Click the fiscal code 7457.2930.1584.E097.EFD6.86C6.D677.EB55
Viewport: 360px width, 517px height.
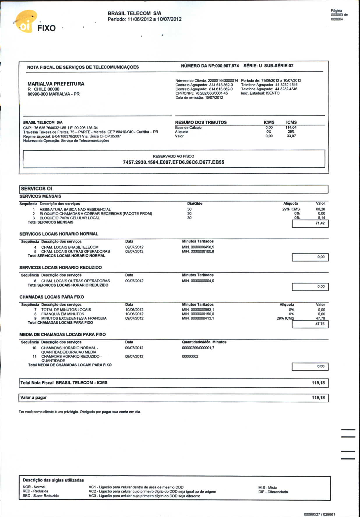173,162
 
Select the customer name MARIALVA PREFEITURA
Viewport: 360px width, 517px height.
56,84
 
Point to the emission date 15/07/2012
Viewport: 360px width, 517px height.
214,98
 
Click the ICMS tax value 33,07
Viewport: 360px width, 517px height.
291,136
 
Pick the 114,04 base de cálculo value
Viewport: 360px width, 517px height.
291,127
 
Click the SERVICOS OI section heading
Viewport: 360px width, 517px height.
36,189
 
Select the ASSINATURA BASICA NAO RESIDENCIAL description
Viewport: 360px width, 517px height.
75,209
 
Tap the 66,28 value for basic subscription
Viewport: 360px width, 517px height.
320,209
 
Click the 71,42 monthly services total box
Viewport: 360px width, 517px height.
310,223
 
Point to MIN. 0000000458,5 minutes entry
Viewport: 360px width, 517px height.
198,247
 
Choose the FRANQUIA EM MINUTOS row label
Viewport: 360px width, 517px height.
63,314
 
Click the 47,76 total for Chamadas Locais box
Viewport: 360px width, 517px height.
310,324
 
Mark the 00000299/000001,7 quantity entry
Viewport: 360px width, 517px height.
198,348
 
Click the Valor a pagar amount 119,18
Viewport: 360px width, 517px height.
318,398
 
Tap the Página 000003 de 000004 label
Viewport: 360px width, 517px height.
339,15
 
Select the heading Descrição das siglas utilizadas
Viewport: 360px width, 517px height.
53,480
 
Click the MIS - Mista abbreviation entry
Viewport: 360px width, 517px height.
267,487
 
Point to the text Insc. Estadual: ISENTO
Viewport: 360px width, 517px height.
260,93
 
